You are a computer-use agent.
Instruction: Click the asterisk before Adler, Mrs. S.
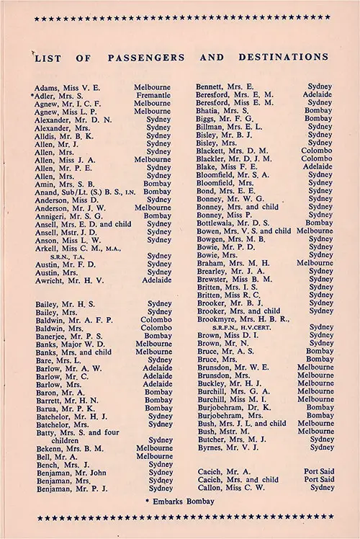pos(32,95)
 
